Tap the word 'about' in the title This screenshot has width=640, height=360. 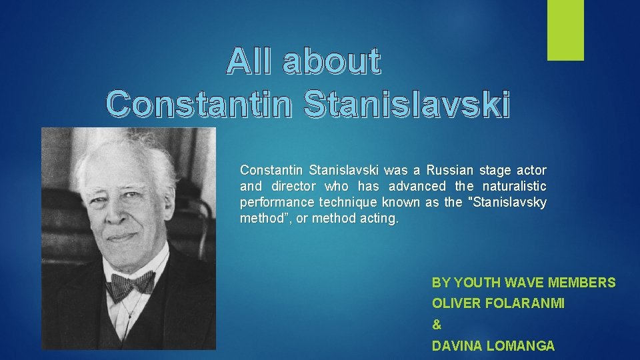click(x=331, y=62)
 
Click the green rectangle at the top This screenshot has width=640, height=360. click(x=565, y=30)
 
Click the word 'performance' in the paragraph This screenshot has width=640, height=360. click(x=277, y=202)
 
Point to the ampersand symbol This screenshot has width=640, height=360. click(x=437, y=325)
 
